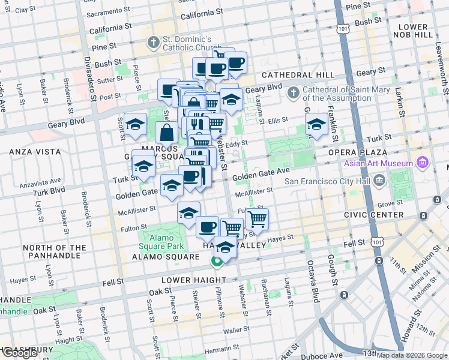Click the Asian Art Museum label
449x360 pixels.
click(x=378, y=163)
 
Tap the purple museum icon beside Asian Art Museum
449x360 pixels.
click(x=421, y=163)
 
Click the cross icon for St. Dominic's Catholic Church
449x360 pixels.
click(x=154, y=43)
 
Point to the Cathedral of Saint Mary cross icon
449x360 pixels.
click(x=293, y=92)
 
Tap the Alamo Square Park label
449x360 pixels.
click(x=161, y=242)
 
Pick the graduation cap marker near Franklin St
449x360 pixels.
click(x=316, y=125)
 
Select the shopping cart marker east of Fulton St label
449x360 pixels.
click(x=257, y=219)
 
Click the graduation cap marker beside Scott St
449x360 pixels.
click(x=136, y=124)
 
